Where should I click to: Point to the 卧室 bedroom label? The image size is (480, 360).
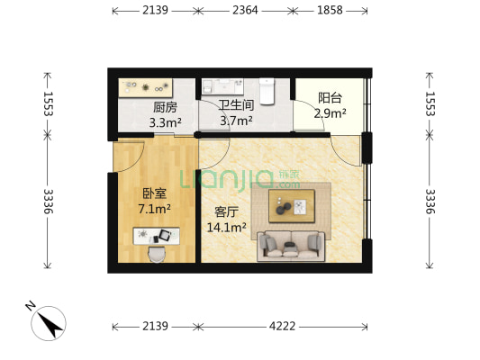click(155, 193)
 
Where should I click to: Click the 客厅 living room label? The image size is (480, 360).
click(226, 212)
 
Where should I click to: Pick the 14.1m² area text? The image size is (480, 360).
click(226, 227)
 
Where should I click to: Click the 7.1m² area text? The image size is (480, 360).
click(155, 208)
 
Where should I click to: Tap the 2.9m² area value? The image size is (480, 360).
click(330, 114)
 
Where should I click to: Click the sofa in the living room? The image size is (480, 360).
click(291, 245)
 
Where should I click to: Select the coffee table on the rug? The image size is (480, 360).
click(291, 207)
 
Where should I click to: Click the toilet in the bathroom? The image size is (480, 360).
click(267, 90)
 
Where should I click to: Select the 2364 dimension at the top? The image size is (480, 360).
click(247, 11)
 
